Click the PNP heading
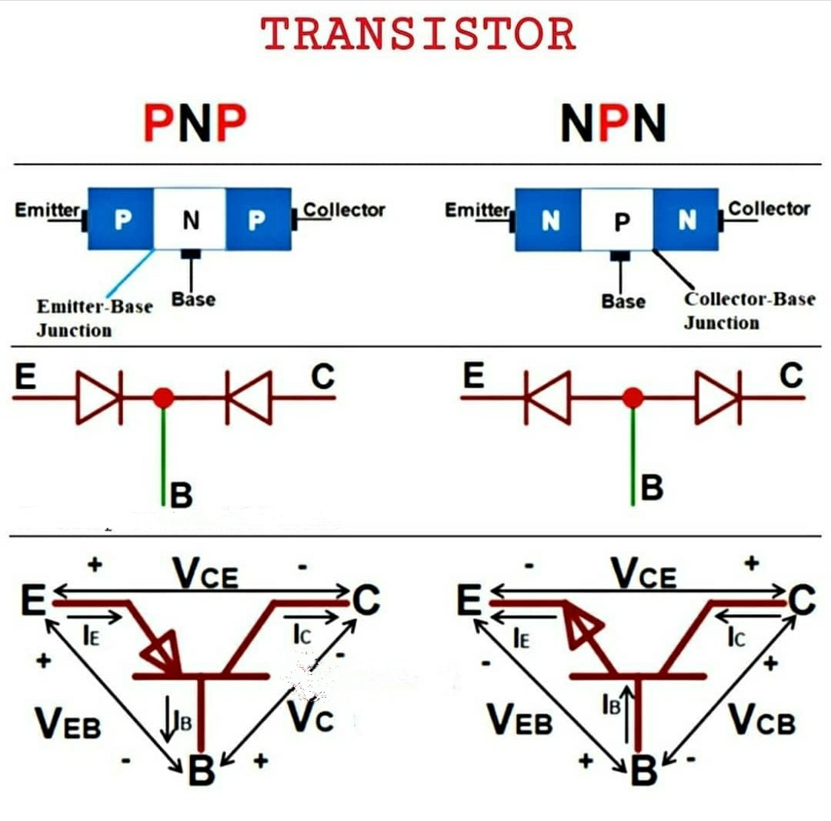tap(194, 124)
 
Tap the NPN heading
tap(612, 124)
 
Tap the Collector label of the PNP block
tap(344, 209)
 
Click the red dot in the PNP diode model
tap(163, 397)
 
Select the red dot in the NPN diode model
tap(632, 397)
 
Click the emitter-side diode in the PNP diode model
tap(99, 397)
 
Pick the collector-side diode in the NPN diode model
tap(717, 397)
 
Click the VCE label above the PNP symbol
tap(205, 573)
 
